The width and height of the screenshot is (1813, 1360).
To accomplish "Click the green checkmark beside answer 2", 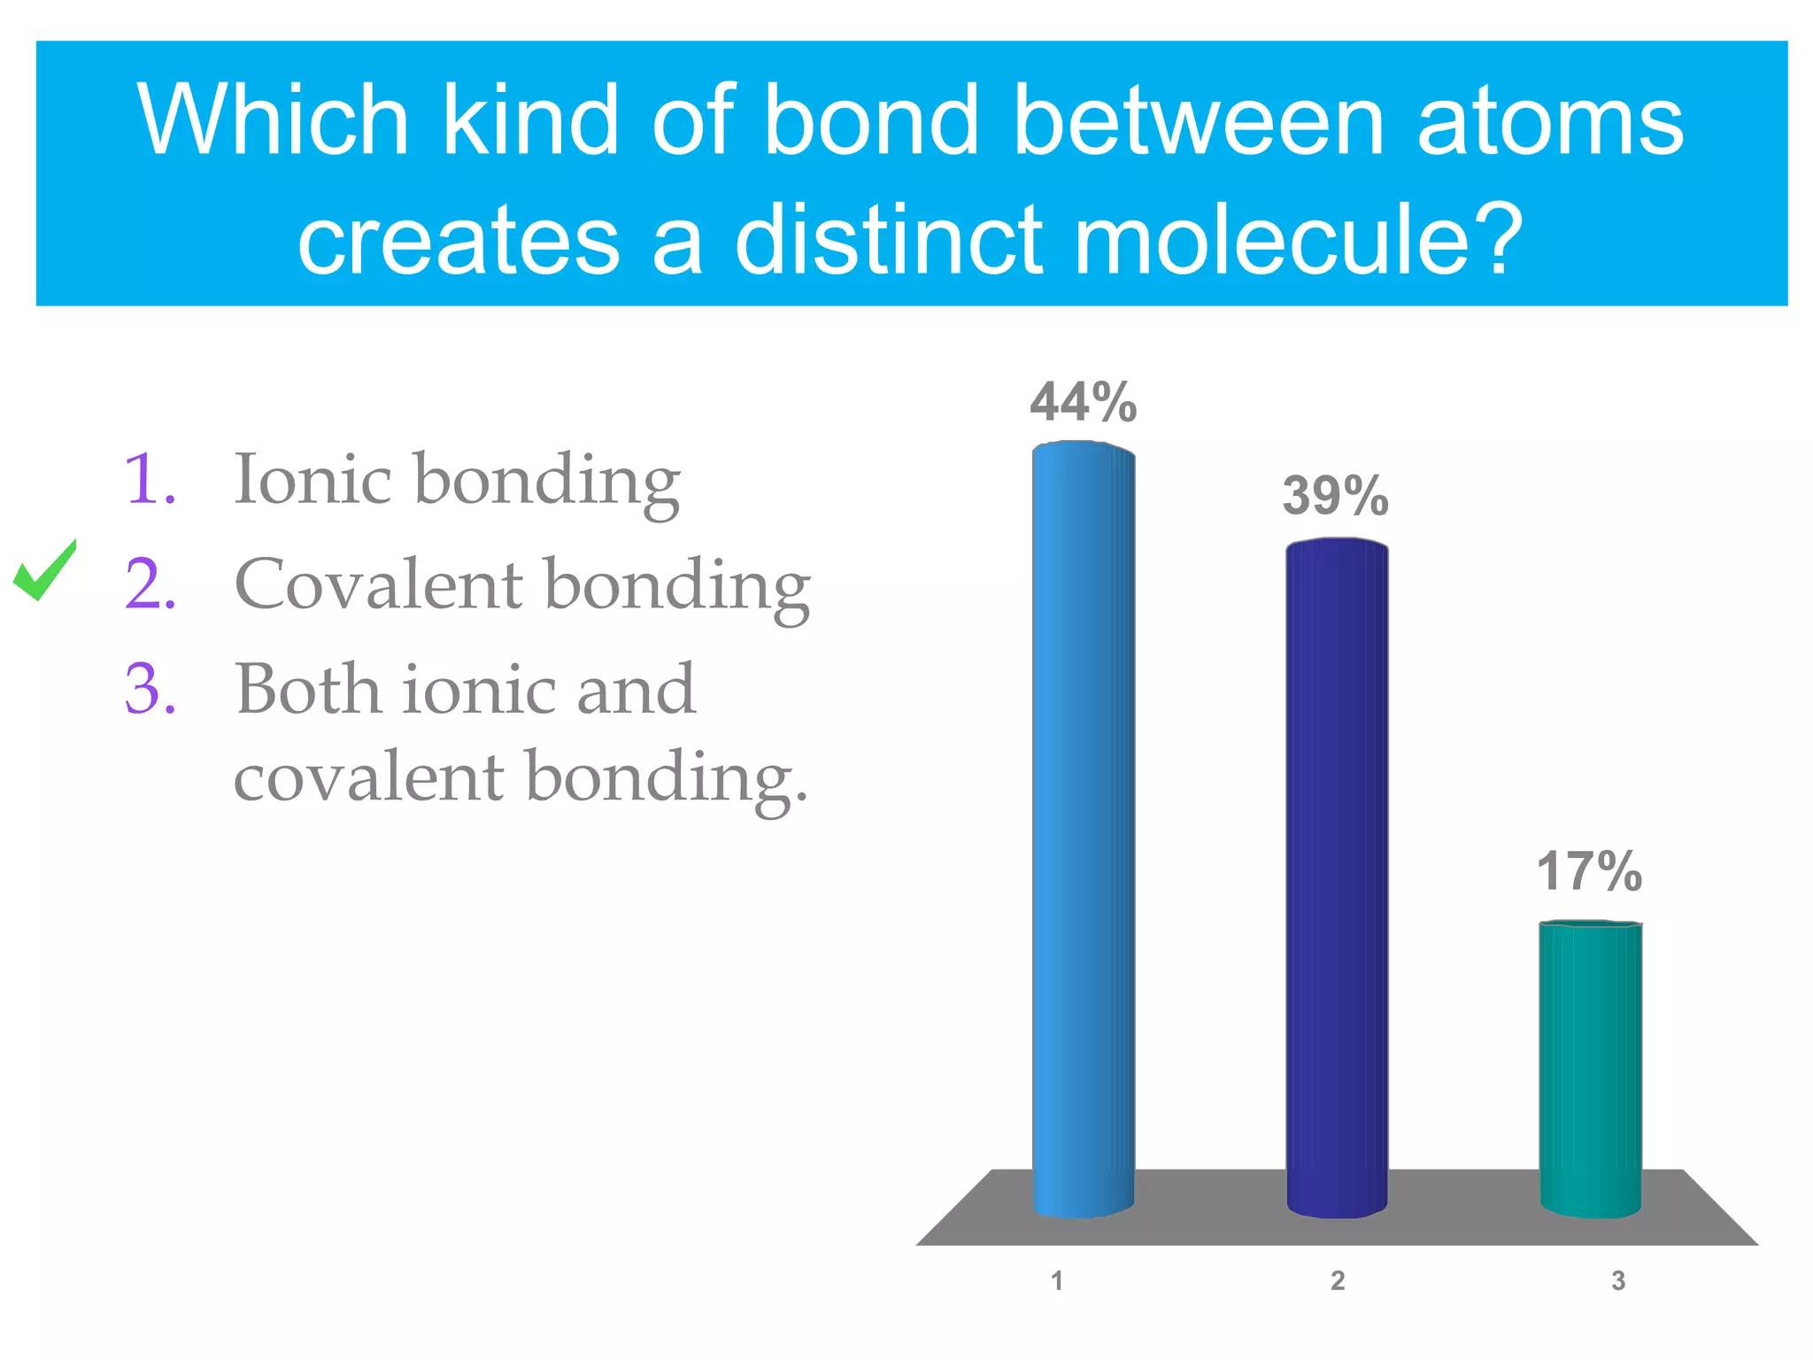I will (44, 571).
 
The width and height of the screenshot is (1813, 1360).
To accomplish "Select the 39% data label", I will (1335, 495).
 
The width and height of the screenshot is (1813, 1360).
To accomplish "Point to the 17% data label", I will (1589, 871).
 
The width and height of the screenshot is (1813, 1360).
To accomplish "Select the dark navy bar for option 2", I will (1336, 877).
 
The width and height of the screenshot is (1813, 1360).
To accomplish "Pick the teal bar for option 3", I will (1590, 1067).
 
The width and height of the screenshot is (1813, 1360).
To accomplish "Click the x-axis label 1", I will (1056, 1280).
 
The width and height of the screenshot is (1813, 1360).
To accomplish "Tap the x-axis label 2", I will (1337, 1280).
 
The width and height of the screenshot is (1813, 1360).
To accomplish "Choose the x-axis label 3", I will (1617, 1280).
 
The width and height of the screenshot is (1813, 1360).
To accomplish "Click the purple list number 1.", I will (150, 480).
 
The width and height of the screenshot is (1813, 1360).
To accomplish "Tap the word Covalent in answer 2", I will (379, 584).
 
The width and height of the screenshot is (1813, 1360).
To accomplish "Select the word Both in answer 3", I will (305, 689).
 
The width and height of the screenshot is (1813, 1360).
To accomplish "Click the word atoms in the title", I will (1549, 120).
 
